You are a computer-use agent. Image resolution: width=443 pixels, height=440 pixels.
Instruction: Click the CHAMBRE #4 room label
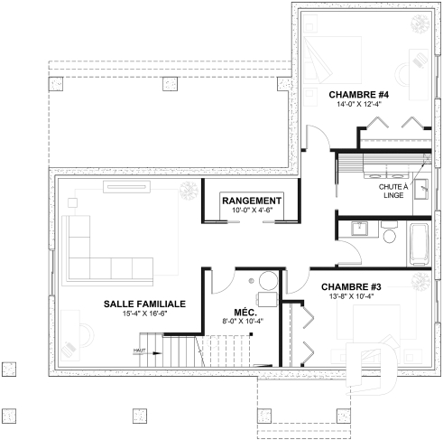point(358,94)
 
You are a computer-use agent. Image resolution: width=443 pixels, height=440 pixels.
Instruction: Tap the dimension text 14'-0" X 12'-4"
point(358,105)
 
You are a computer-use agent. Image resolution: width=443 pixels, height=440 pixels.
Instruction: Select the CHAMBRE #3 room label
point(352,287)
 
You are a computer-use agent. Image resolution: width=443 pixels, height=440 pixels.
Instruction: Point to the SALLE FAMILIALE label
point(144,304)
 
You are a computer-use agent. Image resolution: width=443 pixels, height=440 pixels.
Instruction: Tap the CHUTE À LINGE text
point(392,191)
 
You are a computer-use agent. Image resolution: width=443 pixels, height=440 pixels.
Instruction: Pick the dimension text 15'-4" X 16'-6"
point(144,314)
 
